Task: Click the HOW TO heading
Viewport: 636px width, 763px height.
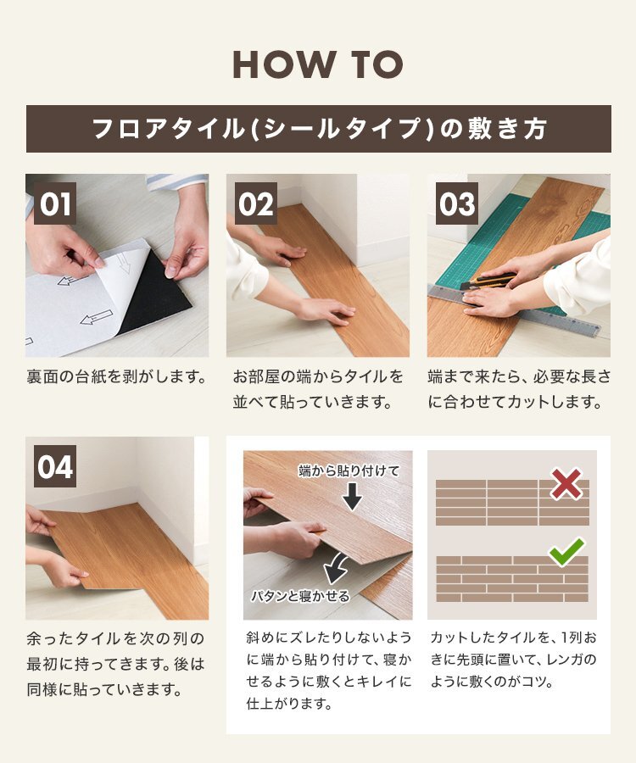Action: pyautogui.click(x=318, y=64)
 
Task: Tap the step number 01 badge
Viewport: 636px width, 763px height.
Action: pyautogui.click(x=55, y=203)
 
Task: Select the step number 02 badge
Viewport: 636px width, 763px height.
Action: pyautogui.click(x=256, y=203)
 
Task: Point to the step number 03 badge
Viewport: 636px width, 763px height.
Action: pyautogui.click(x=457, y=203)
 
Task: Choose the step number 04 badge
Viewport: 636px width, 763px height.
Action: pyautogui.click(x=55, y=466)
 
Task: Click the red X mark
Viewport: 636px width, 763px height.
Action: pyautogui.click(x=566, y=484)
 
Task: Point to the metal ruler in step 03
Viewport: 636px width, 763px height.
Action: pyautogui.click(x=514, y=311)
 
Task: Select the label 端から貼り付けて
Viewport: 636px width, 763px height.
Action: pyautogui.click(x=349, y=471)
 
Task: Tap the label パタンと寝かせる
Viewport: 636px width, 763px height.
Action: pyautogui.click(x=300, y=596)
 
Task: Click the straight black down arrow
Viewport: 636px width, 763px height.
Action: pyautogui.click(x=352, y=496)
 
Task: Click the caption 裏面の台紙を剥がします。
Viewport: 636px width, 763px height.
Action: pyautogui.click(x=117, y=376)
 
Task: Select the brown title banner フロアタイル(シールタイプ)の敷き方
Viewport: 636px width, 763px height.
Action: pyautogui.click(x=319, y=129)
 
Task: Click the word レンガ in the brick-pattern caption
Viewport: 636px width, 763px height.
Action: pyautogui.click(x=565, y=660)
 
